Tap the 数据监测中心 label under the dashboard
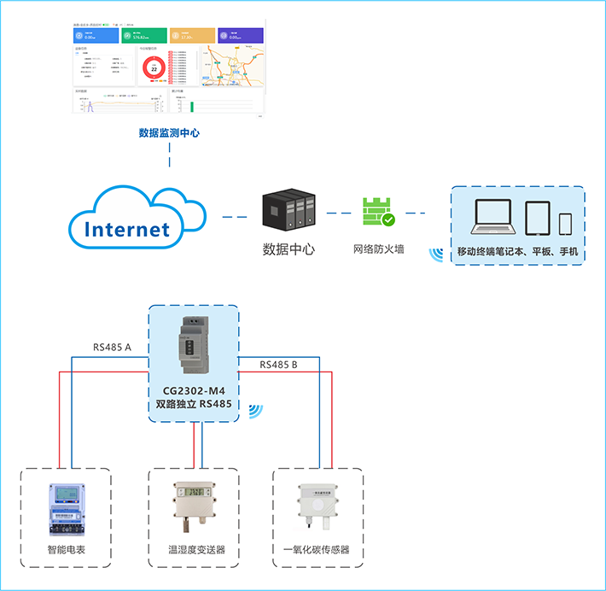[169, 133]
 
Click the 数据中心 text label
[288, 250]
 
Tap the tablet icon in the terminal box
[536, 219]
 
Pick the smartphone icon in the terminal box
[565, 223]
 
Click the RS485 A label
[113, 348]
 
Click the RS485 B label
[278, 366]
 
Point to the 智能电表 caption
[66, 550]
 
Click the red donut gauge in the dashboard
[154, 68]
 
